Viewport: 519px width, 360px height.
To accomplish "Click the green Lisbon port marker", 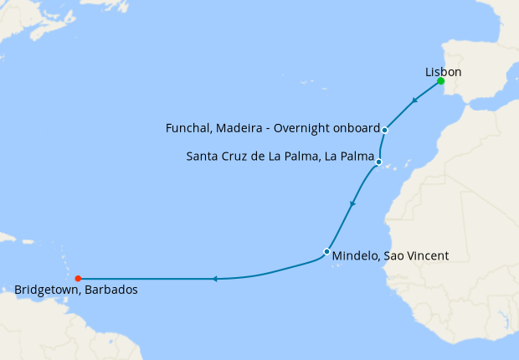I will pyautogui.click(x=440, y=81).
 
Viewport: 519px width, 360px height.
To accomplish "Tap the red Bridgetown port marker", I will pyautogui.click(x=77, y=278).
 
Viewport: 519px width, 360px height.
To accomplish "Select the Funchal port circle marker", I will pyautogui.click(x=384, y=130).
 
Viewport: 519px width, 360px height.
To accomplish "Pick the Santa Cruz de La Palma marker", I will pyautogui.click(x=379, y=162).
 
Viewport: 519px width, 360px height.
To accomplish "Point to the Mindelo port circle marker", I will pyautogui.click(x=326, y=251).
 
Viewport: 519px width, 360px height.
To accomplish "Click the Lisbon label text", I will pyautogui.click(x=444, y=72).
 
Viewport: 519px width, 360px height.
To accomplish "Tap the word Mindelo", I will pyautogui.click(x=355, y=256).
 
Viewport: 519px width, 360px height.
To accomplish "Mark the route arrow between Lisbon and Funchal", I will pyautogui.click(x=414, y=102).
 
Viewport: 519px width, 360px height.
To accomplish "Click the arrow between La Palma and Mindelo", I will pyautogui.click(x=352, y=204).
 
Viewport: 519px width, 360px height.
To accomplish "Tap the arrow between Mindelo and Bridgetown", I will pyautogui.click(x=214, y=278).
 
